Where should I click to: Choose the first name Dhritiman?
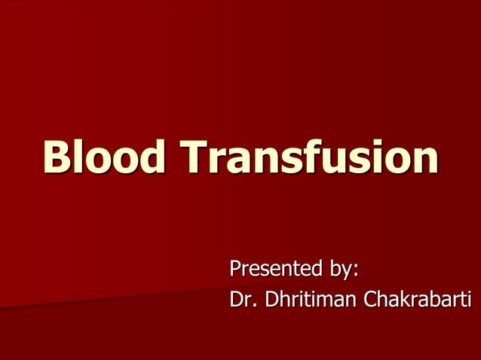click(308, 301)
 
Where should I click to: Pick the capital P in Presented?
click(235, 269)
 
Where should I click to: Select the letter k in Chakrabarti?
click(407, 301)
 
